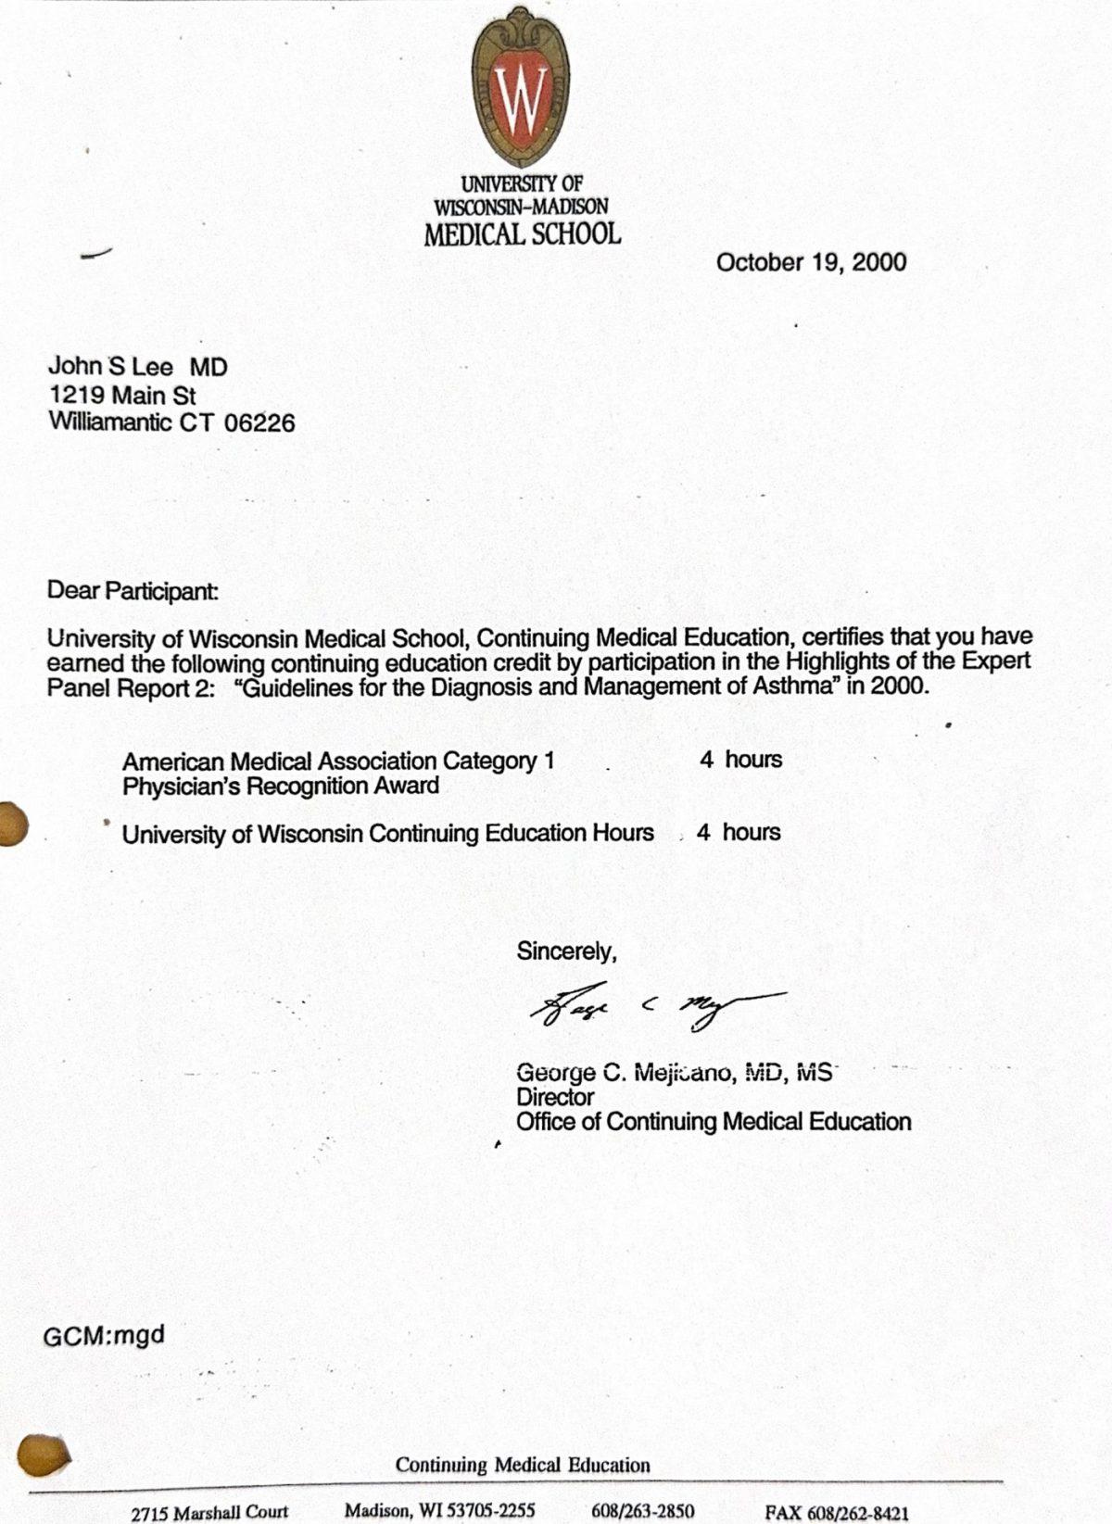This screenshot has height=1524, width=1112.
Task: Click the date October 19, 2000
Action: pos(811,262)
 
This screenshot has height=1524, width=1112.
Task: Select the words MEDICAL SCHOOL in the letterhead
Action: pos(522,234)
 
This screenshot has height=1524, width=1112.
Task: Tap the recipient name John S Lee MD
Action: pos(138,367)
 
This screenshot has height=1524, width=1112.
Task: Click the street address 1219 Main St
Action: pos(122,396)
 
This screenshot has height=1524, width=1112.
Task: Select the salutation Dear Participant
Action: pos(133,590)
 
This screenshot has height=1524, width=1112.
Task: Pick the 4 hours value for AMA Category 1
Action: pos(740,760)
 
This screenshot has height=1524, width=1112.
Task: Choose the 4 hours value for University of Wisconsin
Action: pos(739,832)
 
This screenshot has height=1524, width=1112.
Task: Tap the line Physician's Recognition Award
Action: pos(281,787)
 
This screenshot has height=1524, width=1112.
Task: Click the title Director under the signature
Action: pos(555,1097)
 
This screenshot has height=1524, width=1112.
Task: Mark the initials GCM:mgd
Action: pos(104,1336)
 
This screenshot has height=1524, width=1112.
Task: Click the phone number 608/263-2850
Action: pos(643,1511)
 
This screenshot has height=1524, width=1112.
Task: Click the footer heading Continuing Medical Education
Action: pos(523,1465)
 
